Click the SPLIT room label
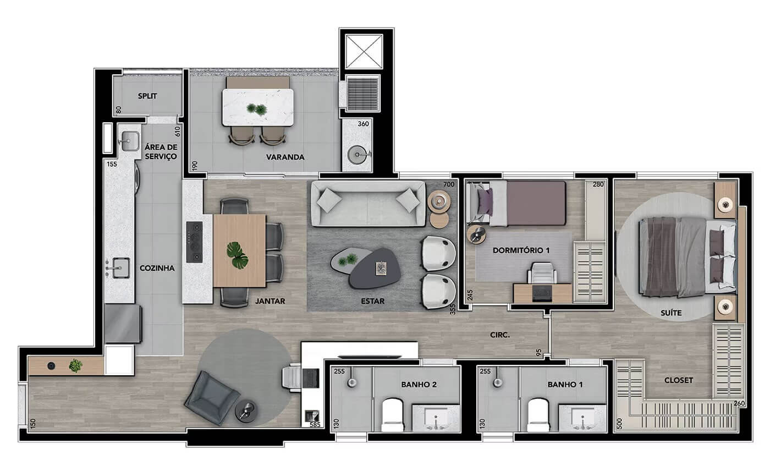click(147, 96)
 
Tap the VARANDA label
click(285, 157)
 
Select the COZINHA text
click(157, 269)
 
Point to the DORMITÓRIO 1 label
click(521, 250)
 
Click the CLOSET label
click(679, 380)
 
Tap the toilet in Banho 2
click(392, 415)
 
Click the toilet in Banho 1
click(538, 415)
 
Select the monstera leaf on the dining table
click(238, 255)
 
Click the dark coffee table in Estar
click(375, 269)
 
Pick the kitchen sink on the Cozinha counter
click(118, 268)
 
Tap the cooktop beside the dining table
click(195, 242)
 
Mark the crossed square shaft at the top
click(364, 51)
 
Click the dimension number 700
click(449, 184)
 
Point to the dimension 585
click(315, 425)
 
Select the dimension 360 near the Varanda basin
click(363, 124)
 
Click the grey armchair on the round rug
click(212, 398)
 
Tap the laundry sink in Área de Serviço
click(129, 141)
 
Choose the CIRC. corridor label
click(500, 335)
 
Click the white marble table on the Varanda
click(258, 107)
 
